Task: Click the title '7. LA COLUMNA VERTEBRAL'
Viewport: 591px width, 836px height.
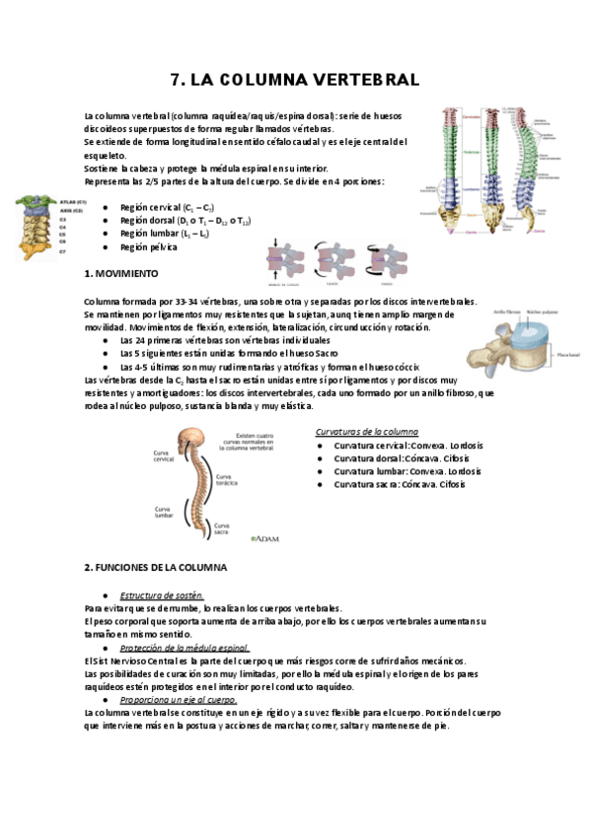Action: (295, 79)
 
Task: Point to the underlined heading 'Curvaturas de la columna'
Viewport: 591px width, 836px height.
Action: (366, 432)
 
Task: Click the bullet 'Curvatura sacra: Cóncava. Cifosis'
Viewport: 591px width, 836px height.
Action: (399, 484)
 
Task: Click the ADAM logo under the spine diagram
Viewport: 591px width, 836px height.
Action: (265, 539)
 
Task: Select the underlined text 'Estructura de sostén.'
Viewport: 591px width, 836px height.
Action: (162, 595)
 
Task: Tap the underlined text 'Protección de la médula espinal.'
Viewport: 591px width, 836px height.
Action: (184, 648)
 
